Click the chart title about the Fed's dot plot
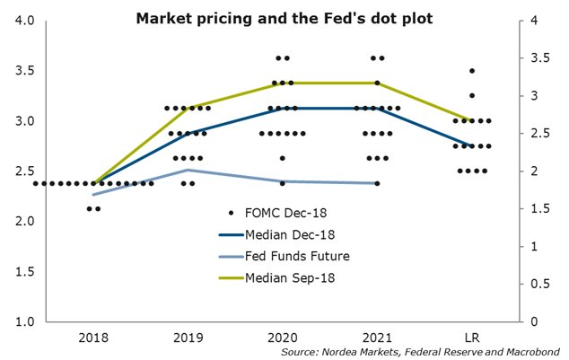(284, 19)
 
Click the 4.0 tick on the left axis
(22, 20)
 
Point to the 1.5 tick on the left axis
(22, 271)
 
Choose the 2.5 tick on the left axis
(22, 171)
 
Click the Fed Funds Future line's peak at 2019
(188, 170)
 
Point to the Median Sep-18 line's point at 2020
(282, 83)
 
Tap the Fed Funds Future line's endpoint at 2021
(377, 183)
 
